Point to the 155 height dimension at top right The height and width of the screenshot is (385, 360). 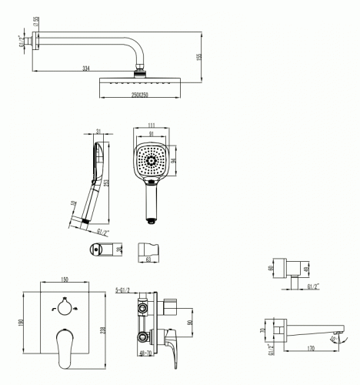[198, 58]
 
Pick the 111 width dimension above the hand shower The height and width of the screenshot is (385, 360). [152, 125]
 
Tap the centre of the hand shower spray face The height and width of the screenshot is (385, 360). [152, 161]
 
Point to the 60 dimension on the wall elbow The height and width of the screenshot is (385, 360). [271, 269]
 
